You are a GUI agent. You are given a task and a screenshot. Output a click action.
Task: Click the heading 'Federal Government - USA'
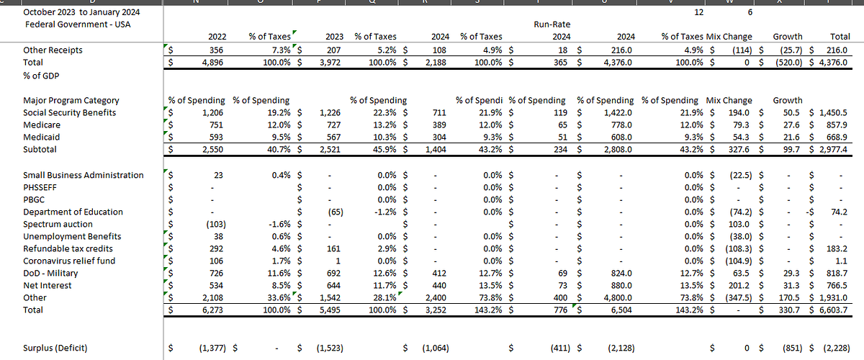click(x=72, y=24)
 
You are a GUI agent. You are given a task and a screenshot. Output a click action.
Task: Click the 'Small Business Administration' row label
click(x=83, y=175)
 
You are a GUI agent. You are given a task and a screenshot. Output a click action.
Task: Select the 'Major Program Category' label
click(x=71, y=100)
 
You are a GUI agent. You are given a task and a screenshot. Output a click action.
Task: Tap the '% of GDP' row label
click(x=42, y=75)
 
